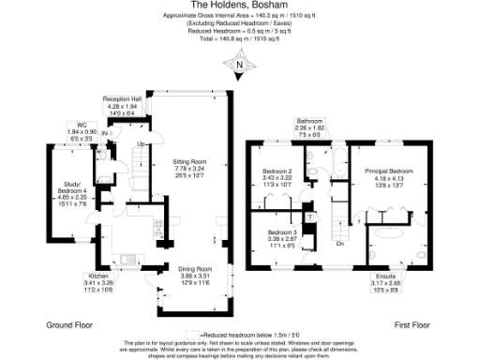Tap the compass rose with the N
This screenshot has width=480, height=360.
coord(240,65)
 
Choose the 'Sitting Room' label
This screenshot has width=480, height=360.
coord(188,160)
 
